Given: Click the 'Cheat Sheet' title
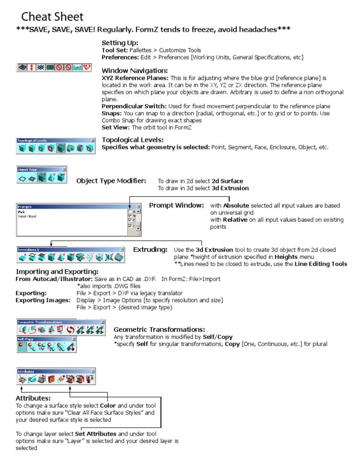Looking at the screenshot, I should tap(52, 17).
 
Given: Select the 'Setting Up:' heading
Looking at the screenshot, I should tap(120, 43).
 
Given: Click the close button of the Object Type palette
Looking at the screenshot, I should tap(64, 169).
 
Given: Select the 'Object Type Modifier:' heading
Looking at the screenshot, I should tap(111, 180).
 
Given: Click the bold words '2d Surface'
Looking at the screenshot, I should tap(227, 181).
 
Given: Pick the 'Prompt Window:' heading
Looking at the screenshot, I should tap(176, 205).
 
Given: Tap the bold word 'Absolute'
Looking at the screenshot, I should tap(236, 206).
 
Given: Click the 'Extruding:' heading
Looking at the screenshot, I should tap(150, 249).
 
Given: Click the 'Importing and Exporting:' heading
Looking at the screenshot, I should tap(57, 272).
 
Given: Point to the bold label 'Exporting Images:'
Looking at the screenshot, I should tap(43, 300).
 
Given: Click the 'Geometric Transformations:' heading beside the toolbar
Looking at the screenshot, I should tap(159, 330).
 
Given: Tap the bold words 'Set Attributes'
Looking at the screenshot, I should tap(96, 434).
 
